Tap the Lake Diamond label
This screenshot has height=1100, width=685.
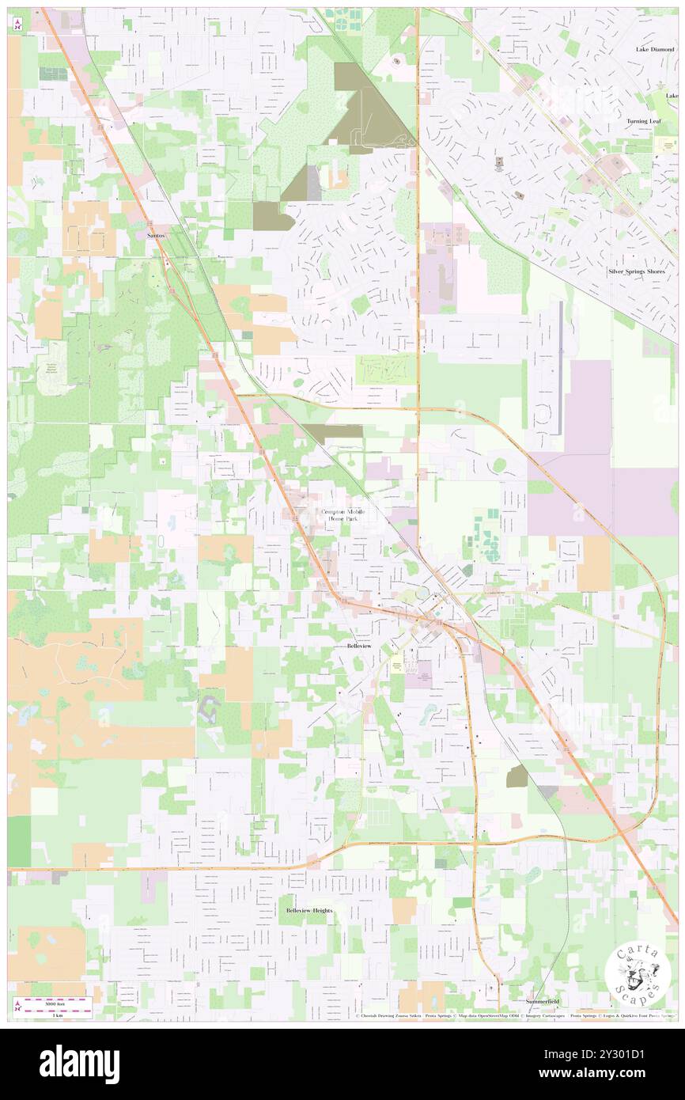pyautogui.click(x=654, y=49)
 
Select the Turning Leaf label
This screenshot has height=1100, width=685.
pyautogui.click(x=643, y=121)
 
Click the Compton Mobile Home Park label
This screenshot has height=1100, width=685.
pyautogui.click(x=343, y=515)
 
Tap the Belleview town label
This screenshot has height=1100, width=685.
pyautogui.click(x=358, y=646)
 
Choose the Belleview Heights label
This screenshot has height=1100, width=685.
pyautogui.click(x=309, y=911)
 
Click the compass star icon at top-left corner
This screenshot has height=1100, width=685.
pyautogui.click(x=17, y=25)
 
